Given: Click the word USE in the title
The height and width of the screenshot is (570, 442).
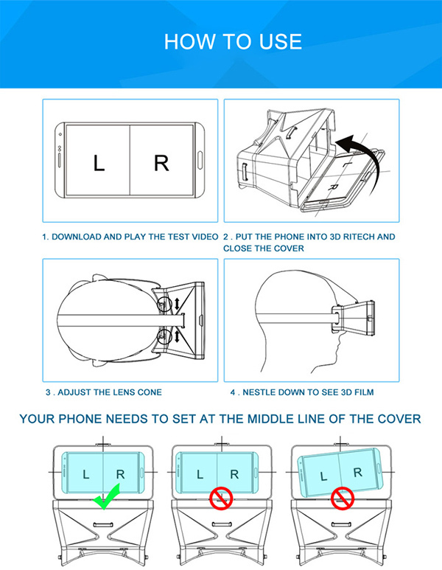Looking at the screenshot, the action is pos(280,41).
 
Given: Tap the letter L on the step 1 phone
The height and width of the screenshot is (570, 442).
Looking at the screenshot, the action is pos(99,163).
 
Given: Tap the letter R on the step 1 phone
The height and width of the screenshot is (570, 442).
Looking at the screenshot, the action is pos(161,163).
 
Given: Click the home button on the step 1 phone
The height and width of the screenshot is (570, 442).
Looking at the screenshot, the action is pos(200,160).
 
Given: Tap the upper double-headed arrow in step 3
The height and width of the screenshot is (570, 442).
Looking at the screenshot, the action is pos(177,304).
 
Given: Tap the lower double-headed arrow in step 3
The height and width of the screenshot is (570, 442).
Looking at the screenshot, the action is pos(177,336).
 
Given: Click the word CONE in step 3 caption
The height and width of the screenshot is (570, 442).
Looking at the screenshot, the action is pos(150,392).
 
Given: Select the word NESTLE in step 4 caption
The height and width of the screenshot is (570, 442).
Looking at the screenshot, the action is pos(256,392).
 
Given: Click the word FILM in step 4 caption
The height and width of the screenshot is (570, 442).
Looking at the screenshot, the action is pos(364,392).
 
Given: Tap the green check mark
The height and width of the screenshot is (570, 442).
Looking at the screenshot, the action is pos(106,496).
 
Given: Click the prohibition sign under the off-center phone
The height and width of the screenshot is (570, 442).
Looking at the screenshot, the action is pos(221,498).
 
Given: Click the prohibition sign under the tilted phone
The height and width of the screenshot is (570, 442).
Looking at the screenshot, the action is pos(342,498).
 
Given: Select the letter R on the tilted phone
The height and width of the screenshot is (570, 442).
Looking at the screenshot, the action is pos(358,472).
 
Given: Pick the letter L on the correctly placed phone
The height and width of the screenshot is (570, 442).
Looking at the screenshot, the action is pos(85,474).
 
